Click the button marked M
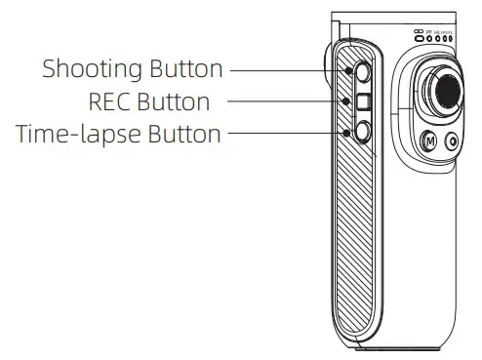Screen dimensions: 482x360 tap(426, 140)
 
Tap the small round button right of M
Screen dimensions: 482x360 tap(451, 140)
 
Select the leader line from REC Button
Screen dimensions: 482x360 tap(293, 100)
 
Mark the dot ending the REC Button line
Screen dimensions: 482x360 tap(346, 100)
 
